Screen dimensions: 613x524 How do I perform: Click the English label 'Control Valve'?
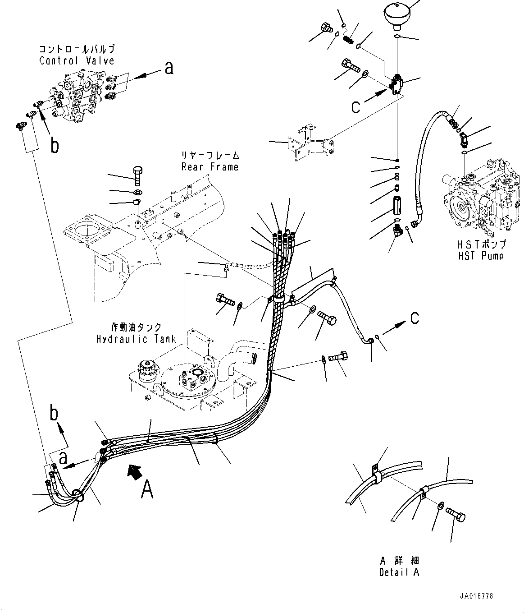77,60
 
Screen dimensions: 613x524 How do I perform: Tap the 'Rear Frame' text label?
210,167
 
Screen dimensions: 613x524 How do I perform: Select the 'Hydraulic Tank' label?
136,339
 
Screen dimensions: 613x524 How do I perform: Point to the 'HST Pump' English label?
480,255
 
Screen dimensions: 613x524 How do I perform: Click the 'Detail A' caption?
399,572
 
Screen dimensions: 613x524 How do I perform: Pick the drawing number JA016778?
477,596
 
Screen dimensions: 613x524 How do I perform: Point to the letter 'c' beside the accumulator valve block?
355,106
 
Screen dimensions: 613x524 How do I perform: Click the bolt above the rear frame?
137,176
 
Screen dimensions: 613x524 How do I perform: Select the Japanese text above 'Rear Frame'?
210,156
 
